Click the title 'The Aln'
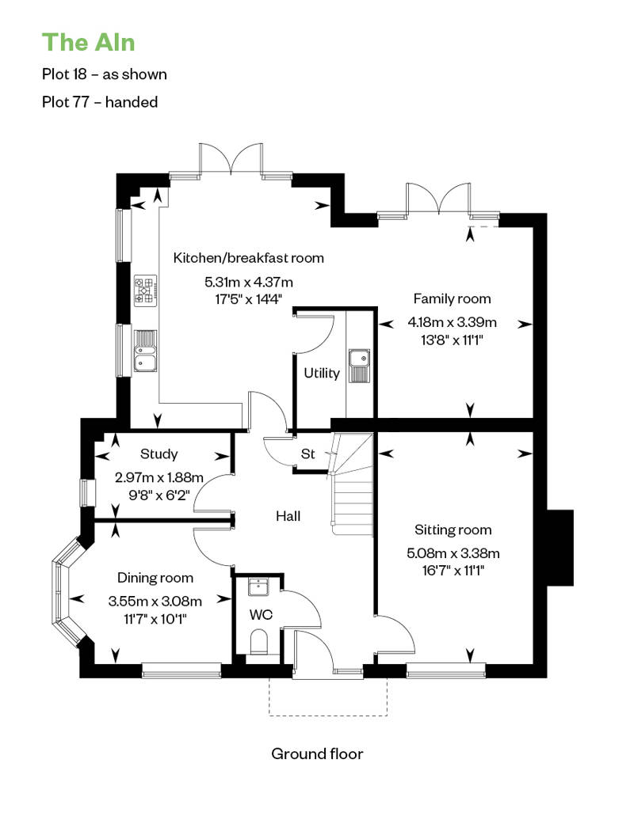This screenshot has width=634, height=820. click(x=88, y=43)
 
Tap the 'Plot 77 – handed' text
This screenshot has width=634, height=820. click(x=100, y=101)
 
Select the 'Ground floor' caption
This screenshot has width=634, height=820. click(x=317, y=754)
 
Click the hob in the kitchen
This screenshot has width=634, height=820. click(x=146, y=290)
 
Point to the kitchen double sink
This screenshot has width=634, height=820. click(x=145, y=351)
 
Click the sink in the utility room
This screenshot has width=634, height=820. click(x=360, y=365)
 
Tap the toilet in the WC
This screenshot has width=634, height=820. click(x=258, y=642)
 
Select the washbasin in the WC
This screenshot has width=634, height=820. click(x=258, y=587)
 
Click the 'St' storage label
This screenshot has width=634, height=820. click(x=307, y=454)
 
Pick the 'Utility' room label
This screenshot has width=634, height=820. click(x=322, y=374)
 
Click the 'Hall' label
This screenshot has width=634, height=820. click(x=288, y=516)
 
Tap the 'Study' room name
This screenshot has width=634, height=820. click(x=158, y=454)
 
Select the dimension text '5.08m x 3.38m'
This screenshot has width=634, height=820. click(x=453, y=552)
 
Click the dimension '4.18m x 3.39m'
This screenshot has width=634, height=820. click(x=452, y=322)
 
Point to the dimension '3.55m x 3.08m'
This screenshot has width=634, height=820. click(x=155, y=601)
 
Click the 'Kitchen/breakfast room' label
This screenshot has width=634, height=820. click(x=248, y=258)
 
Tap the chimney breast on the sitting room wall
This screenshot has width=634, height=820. click(x=560, y=547)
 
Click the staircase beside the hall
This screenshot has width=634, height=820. click(x=352, y=484)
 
